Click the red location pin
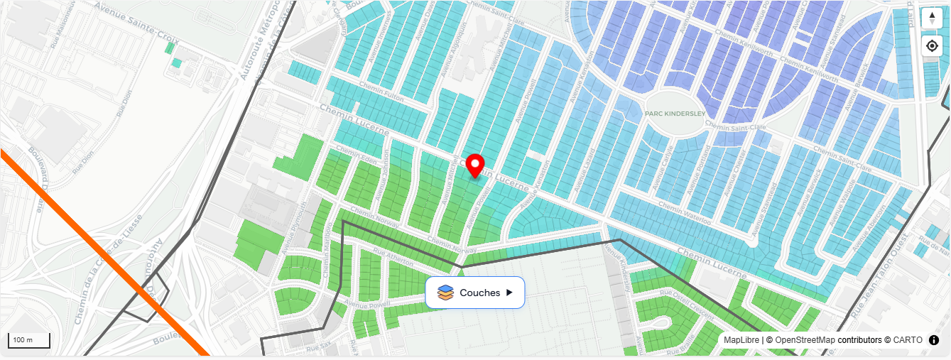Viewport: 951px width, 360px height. pos(475,165)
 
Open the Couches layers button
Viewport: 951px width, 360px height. pos(475,293)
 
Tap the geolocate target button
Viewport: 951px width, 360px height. pos(932,46)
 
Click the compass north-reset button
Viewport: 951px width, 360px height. pos(932,18)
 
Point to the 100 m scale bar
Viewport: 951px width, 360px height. pos(28,340)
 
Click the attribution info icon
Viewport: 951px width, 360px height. pos(934,340)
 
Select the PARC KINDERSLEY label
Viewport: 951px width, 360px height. pos(674,114)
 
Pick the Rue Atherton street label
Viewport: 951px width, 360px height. pos(398,262)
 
